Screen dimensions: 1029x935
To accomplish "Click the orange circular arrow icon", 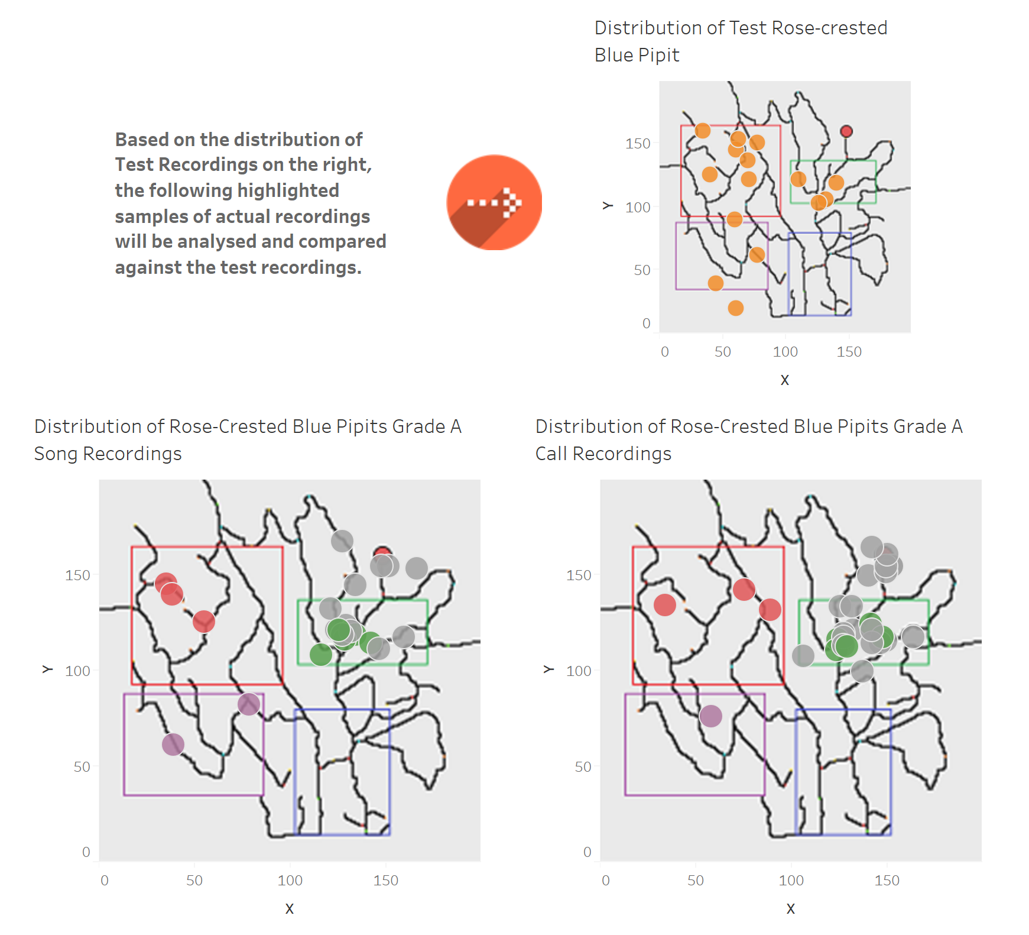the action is point(494,202).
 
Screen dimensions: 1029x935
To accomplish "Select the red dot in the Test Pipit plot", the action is point(846,131).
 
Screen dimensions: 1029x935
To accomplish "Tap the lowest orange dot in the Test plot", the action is point(736,308).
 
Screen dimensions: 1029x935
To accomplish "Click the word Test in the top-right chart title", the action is point(748,28).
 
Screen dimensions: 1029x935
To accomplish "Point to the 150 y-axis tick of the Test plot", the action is point(638,144).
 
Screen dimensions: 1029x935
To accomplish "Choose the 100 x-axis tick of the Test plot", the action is point(785,352).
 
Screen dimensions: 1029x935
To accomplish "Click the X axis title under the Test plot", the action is point(785,380).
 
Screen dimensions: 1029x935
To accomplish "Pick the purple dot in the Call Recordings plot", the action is point(711,716).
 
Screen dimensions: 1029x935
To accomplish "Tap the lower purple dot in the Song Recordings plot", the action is point(173,745).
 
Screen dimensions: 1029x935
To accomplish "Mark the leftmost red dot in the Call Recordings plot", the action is point(665,604).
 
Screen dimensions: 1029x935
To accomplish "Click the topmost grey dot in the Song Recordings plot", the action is point(342,541).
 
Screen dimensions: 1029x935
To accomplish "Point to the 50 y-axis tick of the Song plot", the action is point(82,767).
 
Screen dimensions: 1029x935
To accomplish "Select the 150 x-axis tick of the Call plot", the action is point(887,881).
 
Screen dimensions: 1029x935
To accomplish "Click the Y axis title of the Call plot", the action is point(548,669).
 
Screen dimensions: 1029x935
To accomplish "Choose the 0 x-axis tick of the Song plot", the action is point(105,881).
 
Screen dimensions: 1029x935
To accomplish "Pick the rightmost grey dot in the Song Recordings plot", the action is point(417,568).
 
